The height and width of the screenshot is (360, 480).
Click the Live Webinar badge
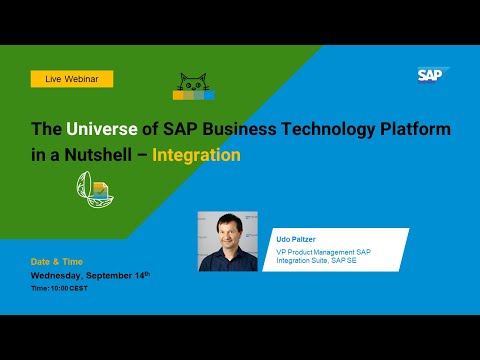[71, 78]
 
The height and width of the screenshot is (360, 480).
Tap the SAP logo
[434, 74]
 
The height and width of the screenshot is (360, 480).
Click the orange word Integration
[197, 155]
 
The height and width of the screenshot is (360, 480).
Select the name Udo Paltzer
[297, 239]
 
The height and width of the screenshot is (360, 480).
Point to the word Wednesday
[60, 274]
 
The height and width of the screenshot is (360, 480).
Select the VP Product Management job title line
[323, 251]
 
